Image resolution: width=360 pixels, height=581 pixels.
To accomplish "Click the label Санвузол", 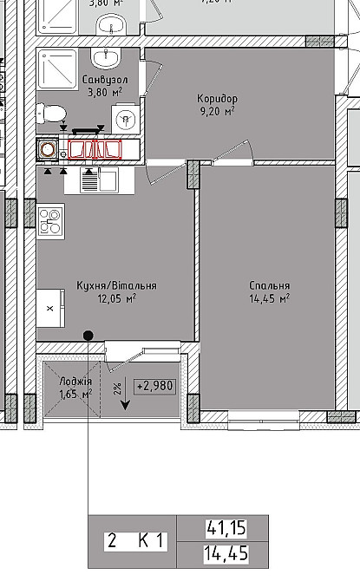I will (x=103, y=80).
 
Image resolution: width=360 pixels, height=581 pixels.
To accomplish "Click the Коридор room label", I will (x=217, y=99).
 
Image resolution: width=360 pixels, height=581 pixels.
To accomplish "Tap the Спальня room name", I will (x=268, y=285).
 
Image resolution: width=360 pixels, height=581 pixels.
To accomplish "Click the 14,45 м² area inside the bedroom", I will (x=269, y=298).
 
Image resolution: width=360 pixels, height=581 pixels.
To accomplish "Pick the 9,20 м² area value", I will (x=217, y=111).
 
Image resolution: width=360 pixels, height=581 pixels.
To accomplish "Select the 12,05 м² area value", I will (x=118, y=298).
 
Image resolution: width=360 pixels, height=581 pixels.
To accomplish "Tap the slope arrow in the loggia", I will (x=126, y=397).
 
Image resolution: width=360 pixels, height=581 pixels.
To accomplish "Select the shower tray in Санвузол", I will (x=57, y=66).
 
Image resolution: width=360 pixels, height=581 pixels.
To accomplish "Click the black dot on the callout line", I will (x=88, y=335).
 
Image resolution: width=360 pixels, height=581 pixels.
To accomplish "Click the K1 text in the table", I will (x=151, y=541).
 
